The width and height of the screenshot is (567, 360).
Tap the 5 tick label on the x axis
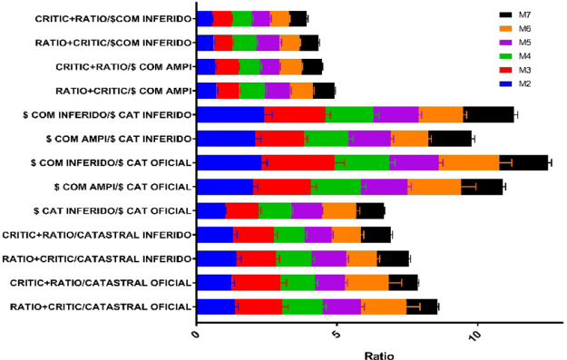(337, 334)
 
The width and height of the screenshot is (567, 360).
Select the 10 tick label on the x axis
(474, 334)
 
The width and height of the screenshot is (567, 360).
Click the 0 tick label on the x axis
(197, 334)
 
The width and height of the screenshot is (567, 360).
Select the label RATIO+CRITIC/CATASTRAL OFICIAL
(101, 306)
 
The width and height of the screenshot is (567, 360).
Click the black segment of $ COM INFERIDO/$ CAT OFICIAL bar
(523, 162)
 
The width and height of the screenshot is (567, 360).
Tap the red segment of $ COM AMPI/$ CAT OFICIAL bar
(282, 186)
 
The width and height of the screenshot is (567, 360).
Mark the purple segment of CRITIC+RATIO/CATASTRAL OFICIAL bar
(330, 282)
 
